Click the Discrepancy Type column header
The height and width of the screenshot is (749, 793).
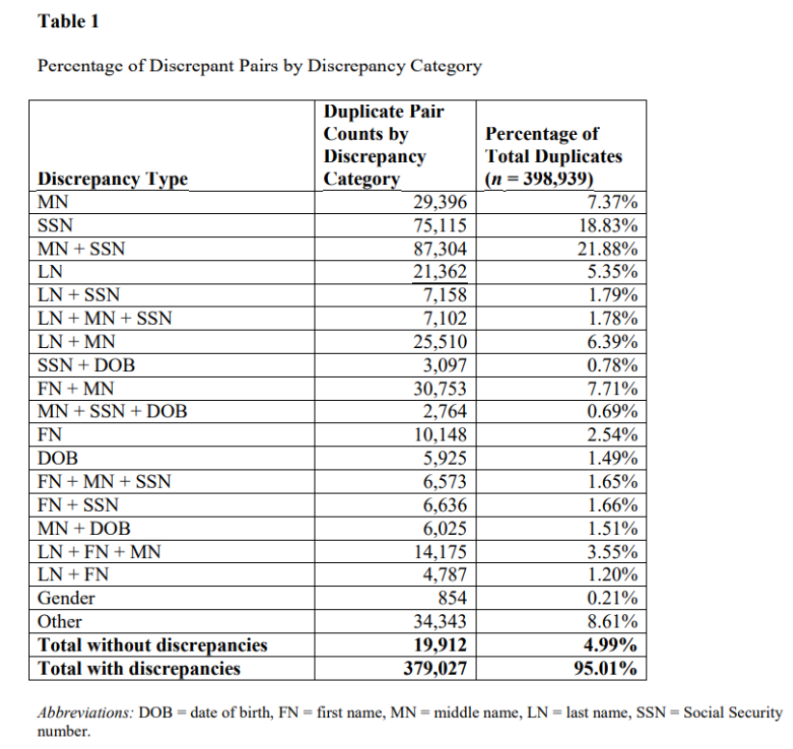click(x=112, y=179)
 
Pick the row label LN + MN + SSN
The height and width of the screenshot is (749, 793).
click(x=104, y=318)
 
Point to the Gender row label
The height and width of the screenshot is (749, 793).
click(x=66, y=598)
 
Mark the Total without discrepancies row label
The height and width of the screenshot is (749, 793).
click(x=151, y=645)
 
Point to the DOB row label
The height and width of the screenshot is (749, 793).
click(x=57, y=459)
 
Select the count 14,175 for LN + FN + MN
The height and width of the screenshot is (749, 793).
click(x=439, y=551)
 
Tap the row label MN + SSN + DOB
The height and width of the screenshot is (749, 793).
click(x=112, y=412)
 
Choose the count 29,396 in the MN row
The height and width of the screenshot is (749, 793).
click(x=439, y=203)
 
